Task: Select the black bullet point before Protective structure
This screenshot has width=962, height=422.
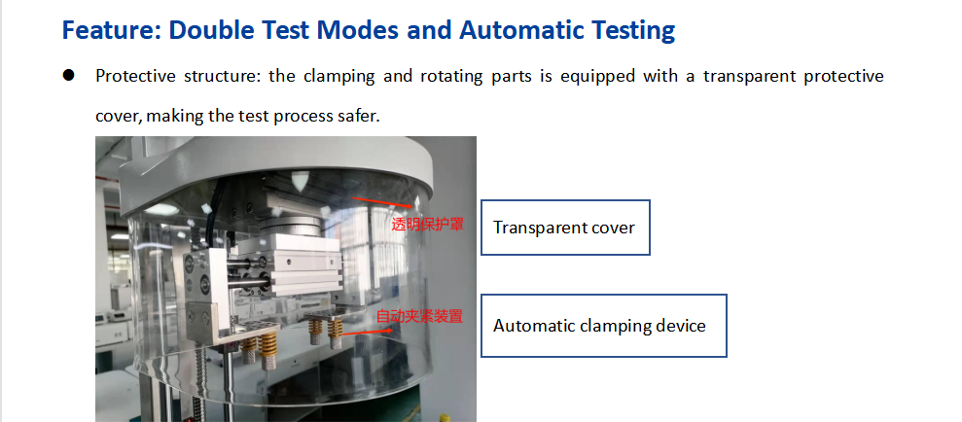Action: click(x=68, y=76)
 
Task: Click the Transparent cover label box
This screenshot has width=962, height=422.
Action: click(x=565, y=227)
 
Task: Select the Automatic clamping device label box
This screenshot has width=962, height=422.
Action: click(x=604, y=325)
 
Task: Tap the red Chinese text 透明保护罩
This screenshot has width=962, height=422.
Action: click(x=428, y=225)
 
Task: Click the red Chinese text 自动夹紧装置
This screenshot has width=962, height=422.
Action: click(x=419, y=317)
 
